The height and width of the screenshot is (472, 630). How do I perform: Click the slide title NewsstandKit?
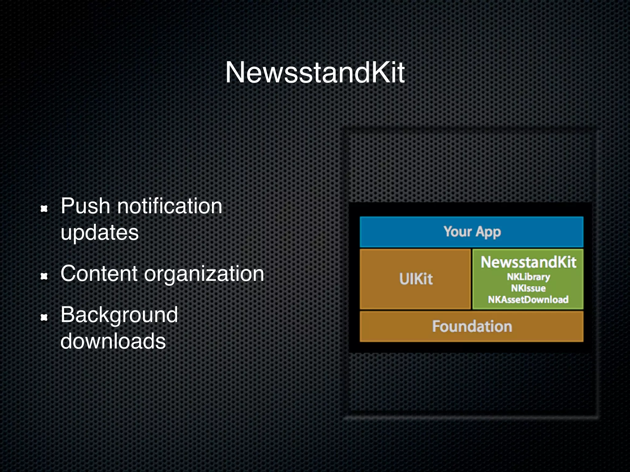coord(315,73)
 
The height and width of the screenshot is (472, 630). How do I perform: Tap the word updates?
coord(100,232)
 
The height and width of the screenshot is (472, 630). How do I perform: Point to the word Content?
coord(99,273)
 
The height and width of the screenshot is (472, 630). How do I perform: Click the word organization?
coord(204,274)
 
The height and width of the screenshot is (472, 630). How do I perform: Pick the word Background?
coord(119,315)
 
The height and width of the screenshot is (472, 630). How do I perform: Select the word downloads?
coord(113,341)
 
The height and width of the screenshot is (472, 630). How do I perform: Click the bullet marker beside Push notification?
coord(44,209)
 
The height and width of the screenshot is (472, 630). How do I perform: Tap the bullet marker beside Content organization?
coord(44,277)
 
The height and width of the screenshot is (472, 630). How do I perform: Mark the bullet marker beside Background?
coord(44,318)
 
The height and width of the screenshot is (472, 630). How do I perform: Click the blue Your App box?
coord(471,232)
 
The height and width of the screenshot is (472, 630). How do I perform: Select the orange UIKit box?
coord(415,279)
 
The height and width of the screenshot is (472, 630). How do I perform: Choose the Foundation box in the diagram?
coord(472,326)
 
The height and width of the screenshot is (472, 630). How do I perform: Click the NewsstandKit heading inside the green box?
coord(528,262)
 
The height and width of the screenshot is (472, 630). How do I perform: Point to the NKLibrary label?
coord(528,277)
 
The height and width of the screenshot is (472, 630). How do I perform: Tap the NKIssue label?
coord(528,288)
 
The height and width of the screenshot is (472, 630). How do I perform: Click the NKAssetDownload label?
coord(528,300)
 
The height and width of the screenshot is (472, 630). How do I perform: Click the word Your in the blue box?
coord(457,231)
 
